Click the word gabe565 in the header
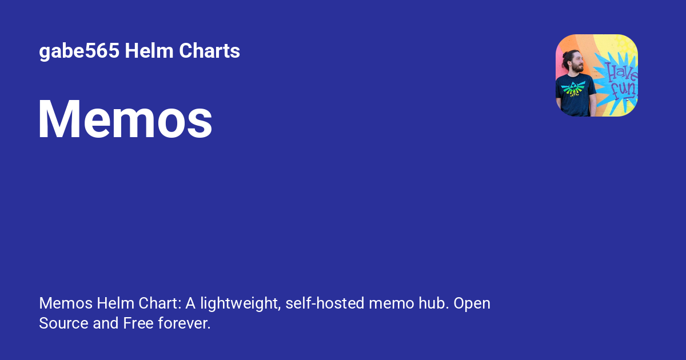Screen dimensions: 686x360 (79, 51)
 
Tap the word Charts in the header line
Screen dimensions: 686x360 (209, 50)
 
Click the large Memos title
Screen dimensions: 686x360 (125, 119)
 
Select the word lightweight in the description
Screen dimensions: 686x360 (241, 303)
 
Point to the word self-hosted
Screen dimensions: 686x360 (325, 303)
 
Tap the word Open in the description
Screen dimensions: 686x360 (472, 303)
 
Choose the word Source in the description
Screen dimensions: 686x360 (63, 323)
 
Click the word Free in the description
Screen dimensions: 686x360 (138, 323)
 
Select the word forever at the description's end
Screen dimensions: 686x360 (184, 323)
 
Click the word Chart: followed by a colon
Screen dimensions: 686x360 (160, 303)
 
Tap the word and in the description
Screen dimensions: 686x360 (106, 323)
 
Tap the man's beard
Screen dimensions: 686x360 (577, 69)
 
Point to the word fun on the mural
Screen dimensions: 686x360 (624, 89)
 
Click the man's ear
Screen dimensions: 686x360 (571, 63)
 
